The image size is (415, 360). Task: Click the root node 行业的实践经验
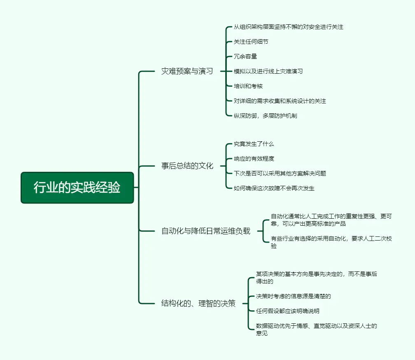click(x=77, y=187)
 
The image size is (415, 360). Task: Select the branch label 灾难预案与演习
click(x=187, y=71)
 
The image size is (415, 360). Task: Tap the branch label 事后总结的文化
click(x=187, y=166)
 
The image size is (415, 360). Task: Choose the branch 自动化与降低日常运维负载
click(x=205, y=231)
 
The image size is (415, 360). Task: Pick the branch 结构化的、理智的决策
click(x=198, y=304)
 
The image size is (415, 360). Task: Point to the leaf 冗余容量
click(x=245, y=56)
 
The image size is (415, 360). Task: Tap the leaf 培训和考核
click(x=248, y=86)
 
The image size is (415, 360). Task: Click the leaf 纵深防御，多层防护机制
click(x=266, y=116)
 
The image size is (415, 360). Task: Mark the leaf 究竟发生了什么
click(x=254, y=144)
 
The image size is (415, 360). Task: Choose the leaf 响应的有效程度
click(x=254, y=159)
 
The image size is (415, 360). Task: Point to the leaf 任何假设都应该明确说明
click(x=288, y=311)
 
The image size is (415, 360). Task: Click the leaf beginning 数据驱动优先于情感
click(x=316, y=330)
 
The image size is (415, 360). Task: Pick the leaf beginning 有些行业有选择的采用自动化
click(x=331, y=242)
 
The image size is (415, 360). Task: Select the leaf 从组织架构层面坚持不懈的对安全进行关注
click(x=289, y=27)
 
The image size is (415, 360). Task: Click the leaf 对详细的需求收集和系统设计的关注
click(x=280, y=101)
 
